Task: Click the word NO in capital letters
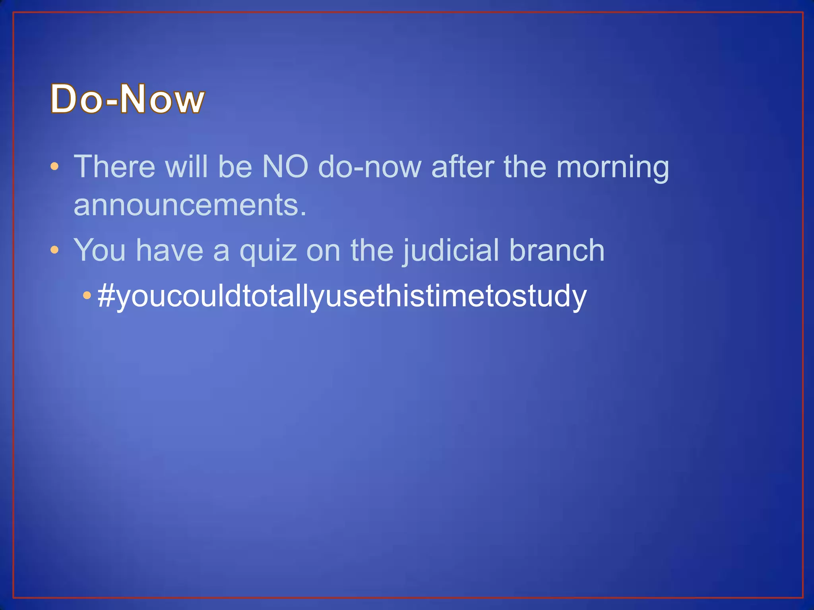[285, 167]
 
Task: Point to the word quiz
[268, 251]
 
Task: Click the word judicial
[451, 251]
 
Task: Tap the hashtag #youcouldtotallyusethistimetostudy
[342, 296]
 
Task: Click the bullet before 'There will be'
[55, 166]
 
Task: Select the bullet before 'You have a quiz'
[55, 250]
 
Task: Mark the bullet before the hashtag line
[87, 295]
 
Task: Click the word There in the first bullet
[114, 167]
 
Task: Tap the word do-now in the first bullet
[370, 167]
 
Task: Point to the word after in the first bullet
[462, 167]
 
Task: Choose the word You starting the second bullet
[100, 250]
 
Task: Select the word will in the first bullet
[186, 167]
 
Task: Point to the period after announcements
[304, 214]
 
